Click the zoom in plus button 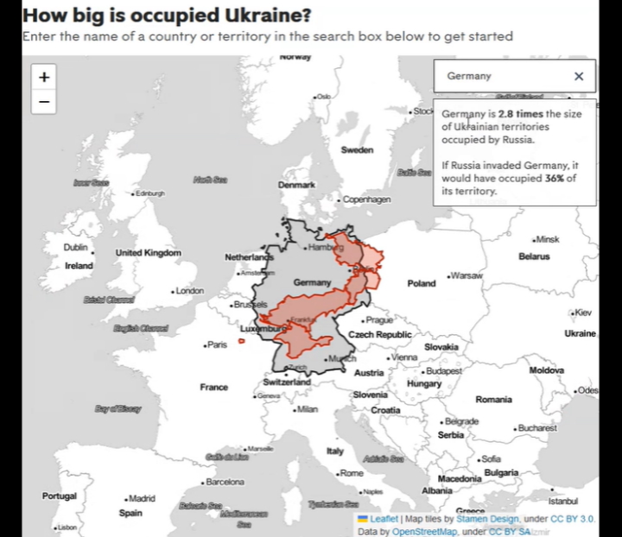(44, 77)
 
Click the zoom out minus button (44, 101)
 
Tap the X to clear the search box (579, 76)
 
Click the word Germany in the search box (469, 76)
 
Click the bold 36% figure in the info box (555, 179)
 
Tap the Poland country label (422, 283)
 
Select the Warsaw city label (466, 275)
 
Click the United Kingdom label (149, 253)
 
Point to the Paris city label (217, 344)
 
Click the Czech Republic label (380, 334)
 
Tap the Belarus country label (534, 256)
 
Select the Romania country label (493, 400)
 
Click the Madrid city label (141, 498)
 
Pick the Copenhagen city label (367, 199)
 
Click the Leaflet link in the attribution (384, 519)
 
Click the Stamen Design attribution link (488, 519)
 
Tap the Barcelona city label (225, 481)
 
